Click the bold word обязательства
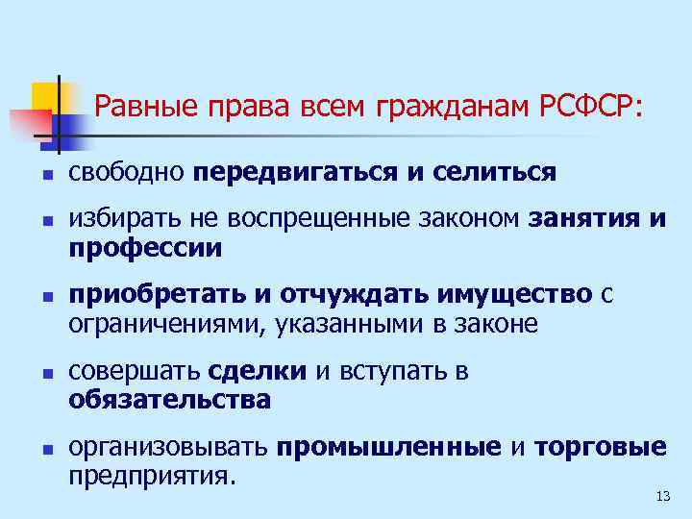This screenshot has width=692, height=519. tap(169, 398)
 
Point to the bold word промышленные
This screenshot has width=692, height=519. tap(388, 447)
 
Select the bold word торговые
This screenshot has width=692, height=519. tap(600, 447)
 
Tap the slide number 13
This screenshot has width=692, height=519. tap(661, 496)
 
